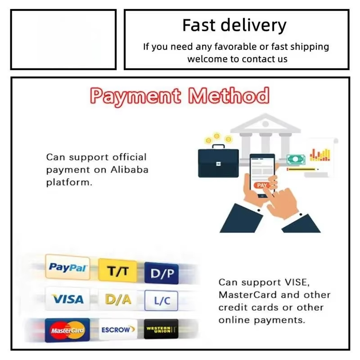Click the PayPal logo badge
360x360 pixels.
coord(67,267)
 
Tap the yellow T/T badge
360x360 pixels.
coord(117,270)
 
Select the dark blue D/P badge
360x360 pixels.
coord(162,273)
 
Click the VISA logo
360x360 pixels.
coord(67,299)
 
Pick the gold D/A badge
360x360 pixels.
coord(118,300)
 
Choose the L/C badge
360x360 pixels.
coord(161,300)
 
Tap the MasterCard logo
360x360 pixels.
coord(67,330)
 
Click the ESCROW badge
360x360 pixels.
coord(118,330)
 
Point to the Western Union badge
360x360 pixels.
coord(161,329)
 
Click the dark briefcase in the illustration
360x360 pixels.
coord(218,161)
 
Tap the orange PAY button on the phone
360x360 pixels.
coord(262,185)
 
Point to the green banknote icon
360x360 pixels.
coord(296,159)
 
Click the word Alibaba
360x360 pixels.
coord(130,170)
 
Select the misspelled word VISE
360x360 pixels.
coord(297,282)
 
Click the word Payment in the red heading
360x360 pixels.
coord(135,96)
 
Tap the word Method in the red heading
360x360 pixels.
coord(229,95)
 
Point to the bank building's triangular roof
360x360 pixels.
coord(265,123)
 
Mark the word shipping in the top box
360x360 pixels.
coord(310,47)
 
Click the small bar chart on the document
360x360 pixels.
coord(320,155)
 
